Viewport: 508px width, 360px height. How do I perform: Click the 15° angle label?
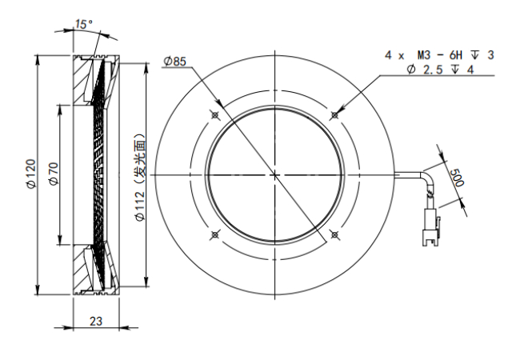point(83,24)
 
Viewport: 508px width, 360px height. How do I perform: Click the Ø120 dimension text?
point(32,173)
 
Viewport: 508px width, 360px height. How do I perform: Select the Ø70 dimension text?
point(54,174)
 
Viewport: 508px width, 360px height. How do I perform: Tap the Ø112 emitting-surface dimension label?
point(140,177)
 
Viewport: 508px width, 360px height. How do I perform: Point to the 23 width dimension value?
point(96,321)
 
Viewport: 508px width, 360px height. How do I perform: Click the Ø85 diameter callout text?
point(175,62)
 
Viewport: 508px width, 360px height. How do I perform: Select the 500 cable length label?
point(457,178)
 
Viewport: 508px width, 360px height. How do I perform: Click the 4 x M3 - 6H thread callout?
point(439,55)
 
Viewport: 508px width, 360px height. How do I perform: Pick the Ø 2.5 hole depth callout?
point(441,70)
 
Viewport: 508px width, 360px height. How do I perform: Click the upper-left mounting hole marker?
point(214,114)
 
